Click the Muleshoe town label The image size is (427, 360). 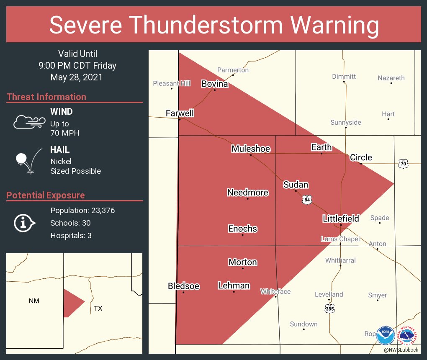pos(251,149)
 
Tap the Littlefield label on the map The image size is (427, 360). pos(341,218)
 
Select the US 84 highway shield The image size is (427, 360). pos(307,201)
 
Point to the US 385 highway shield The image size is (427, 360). pos(329,309)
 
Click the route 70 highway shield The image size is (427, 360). pos(403,164)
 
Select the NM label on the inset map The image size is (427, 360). pos(34,301)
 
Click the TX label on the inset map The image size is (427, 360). pos(98,309)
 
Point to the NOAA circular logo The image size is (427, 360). pos(386,335)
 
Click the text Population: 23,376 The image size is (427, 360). pos(82,210)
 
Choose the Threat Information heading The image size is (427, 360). pos(46,97)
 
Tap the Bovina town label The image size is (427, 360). pos(215,84)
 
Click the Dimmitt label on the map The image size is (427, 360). pos(344,76)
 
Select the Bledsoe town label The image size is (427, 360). pos(183,286)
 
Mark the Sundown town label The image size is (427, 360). pos(304,324)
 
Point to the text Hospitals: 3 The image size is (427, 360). pos(71,235)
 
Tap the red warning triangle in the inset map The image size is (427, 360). pos(71,302)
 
